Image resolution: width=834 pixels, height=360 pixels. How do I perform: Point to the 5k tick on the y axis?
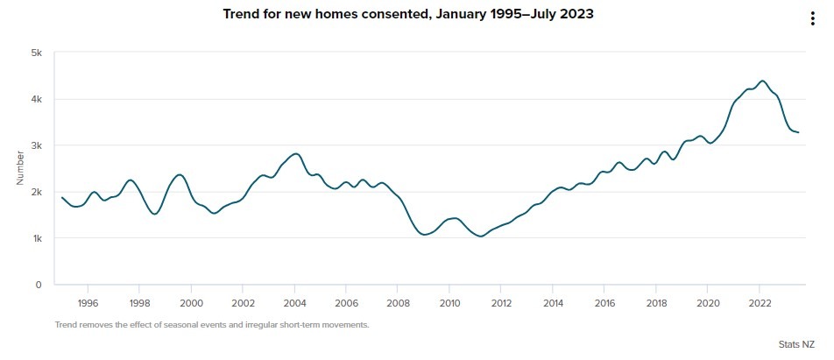pyautogui.click(x=37, y=53)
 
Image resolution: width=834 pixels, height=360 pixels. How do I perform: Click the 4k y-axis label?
pyautogui.click(x=37, y=99)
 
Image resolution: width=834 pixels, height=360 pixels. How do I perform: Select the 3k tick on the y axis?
pyautogui.click(x=37, y=145)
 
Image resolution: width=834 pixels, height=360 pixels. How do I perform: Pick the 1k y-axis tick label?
pyautogui.click(x=37, y=238)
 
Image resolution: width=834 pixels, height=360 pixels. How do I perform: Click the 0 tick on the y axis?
pyautogui.click(x=39, y=285)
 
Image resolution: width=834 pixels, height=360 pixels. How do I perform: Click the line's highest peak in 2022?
pyautogui.click(x=762, y=81)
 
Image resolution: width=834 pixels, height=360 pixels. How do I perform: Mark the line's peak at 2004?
pyautogui.click(x=296, y=153)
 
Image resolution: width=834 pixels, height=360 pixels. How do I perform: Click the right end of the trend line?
pyautogui.click(x=798, y=132)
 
